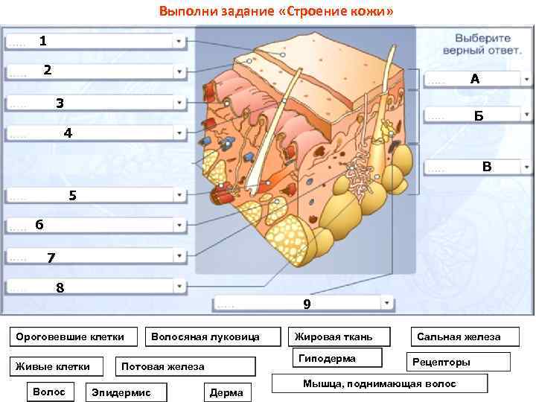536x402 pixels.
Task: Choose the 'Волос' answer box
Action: [x=49, y=391]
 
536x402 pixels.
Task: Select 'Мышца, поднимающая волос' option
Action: [x=379, y=383]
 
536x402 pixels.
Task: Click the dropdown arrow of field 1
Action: [x=179, y=42]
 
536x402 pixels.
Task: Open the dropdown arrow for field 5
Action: [x=179, y=196]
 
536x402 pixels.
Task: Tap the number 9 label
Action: [x=307, y=304]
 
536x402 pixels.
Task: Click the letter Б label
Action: [x=478, y=116]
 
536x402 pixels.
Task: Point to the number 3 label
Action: [x=60, y=103]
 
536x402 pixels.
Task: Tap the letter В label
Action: [x=486, y=167]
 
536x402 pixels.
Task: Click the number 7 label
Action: [x=51, y=258]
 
